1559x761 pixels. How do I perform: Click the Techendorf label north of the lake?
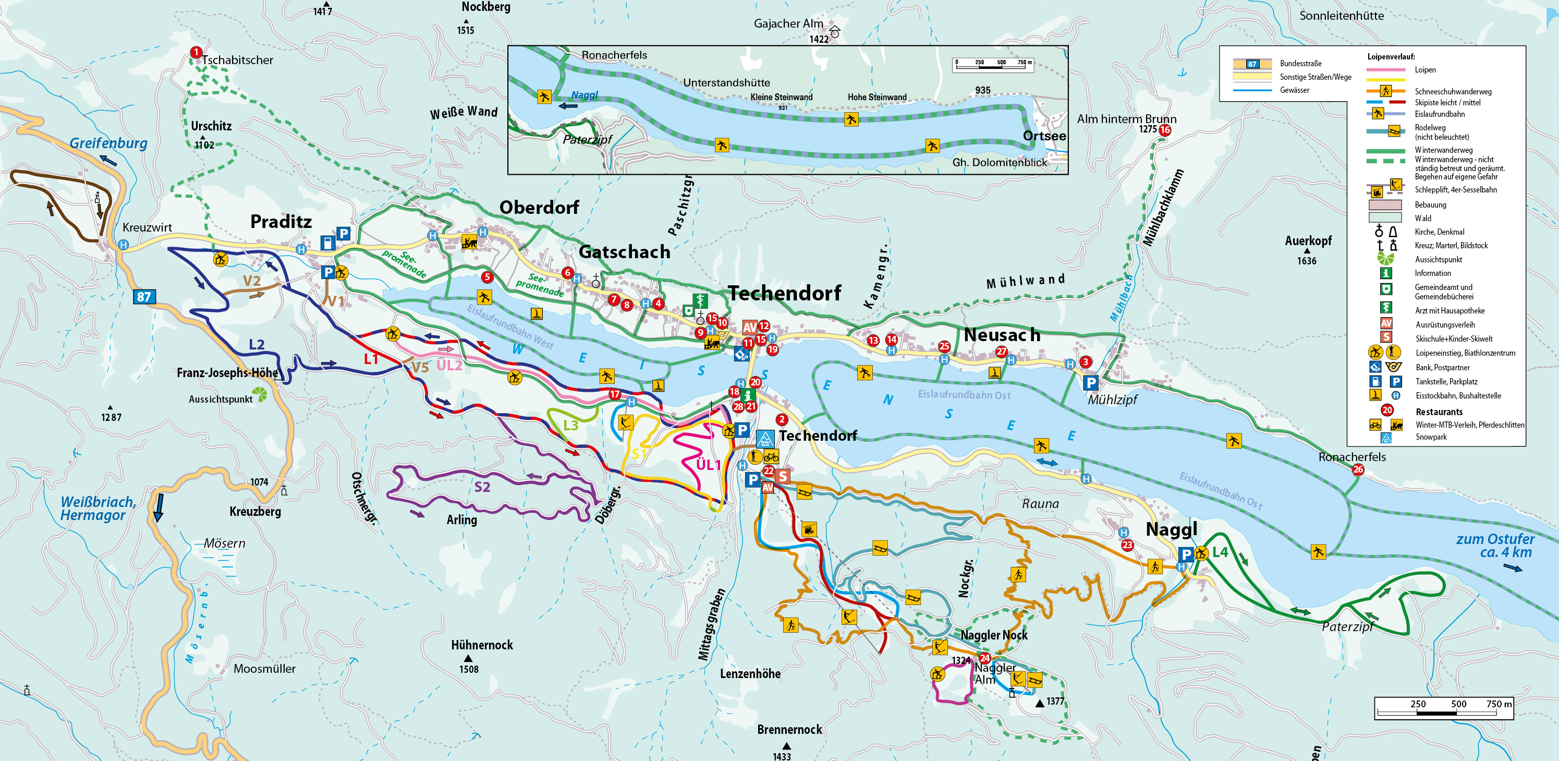(x=784, y=293)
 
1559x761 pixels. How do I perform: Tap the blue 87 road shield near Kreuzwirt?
(x=144, y=297)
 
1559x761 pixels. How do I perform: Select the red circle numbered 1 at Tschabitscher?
(x=196, y=53)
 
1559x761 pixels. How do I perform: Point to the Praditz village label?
(x=281, y=222)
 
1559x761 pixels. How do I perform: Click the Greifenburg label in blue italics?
(x=108, y=143)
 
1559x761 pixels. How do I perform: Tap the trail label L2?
(x=257, y=344)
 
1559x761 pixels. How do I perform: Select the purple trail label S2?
(x=482, y=487)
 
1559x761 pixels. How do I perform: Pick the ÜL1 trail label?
(x=708, y=464)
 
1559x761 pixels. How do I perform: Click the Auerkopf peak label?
(x=1308, y=241)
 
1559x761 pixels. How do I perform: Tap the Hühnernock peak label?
(x=482, y=645)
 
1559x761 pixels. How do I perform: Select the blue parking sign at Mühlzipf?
(x=1090, y=383)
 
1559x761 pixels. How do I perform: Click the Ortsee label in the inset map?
(x=1044, y=136)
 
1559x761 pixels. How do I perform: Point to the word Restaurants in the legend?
(x=1439, y=412)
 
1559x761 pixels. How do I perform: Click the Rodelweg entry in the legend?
(x=1430, y=128)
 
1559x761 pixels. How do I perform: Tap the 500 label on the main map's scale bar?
(x=1458, y=704)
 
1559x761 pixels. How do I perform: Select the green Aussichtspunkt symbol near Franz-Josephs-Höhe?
(x=260, y=395)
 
